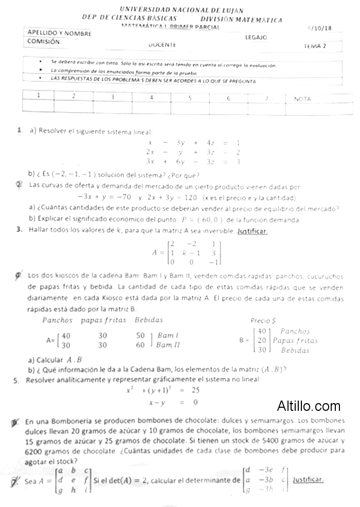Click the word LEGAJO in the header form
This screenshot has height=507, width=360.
(256, 37)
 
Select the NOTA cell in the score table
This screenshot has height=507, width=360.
(302, 98)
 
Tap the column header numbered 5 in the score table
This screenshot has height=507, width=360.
(190, 97)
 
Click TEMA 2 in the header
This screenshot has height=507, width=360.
(315, 46)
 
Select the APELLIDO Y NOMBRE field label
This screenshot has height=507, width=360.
(60, 32)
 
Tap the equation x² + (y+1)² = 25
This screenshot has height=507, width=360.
(163, 390)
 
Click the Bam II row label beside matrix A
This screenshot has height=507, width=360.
(168, 345)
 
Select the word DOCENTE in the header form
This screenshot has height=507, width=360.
(162, 45)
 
